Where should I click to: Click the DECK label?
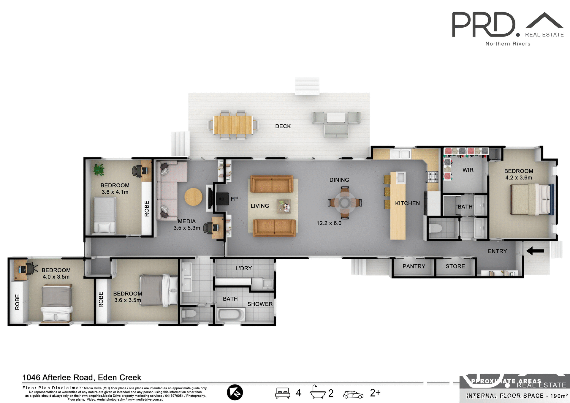283,126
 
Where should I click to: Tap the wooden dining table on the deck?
233,125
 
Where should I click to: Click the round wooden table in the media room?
193,197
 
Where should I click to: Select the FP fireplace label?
234,199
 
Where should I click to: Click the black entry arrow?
535,251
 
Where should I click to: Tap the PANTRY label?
414,266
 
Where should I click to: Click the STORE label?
455,266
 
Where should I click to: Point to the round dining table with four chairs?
345,203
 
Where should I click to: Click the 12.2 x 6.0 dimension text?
329,223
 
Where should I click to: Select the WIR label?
468,170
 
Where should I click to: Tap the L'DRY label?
244,268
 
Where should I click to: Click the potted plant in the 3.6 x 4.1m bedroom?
99,170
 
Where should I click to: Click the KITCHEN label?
407,203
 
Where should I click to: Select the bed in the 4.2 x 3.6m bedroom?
530,199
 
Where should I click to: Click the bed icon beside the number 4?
282,393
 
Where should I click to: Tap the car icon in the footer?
353,394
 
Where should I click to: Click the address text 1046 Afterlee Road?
82,377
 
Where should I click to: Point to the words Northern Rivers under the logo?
508,44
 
